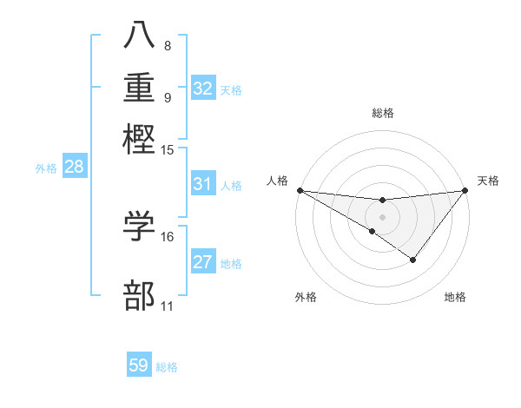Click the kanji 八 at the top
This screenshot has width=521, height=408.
coord(140,36)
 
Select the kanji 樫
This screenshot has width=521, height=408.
coord(140,138)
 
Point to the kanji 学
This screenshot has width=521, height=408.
coord(140,225)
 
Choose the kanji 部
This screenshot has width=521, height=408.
coord(140,295)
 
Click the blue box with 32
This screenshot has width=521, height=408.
coord(203,89)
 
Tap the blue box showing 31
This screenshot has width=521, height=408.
coord(203,184)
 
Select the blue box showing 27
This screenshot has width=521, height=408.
coord(203,262)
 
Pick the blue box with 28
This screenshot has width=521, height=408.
coord(74,168)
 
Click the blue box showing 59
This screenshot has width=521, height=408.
coord(139,365)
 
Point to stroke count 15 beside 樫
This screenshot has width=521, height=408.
coord(168,150)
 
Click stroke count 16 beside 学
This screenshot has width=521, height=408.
coord(168,236)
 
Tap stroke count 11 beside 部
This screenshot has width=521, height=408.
coord(168,306)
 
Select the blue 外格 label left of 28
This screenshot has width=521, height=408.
coord(46,168)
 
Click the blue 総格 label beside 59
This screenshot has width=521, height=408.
coord(167,367)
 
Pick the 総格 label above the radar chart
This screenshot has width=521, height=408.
coord(382,113)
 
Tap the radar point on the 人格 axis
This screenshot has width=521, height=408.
coord(300,189)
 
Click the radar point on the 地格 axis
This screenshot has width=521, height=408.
coord(413,260)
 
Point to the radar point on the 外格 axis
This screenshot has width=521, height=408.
coord(373,231)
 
